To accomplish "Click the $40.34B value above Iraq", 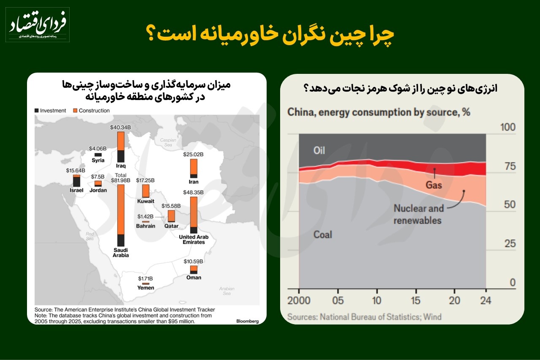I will (x=121, y=127).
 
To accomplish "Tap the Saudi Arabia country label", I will (x=121, y=252).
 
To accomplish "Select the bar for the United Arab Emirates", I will (x=194, y=215).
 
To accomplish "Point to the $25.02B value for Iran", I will (x=194, y=154).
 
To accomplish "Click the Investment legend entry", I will (x=50, y=111).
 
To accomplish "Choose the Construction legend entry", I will (x=91, y=111).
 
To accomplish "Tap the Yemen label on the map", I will (x=146, y=288).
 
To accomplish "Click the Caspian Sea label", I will (x=168, y=142).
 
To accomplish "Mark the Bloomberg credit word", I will (x=247, y=321).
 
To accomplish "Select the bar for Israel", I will (x=76, y=181).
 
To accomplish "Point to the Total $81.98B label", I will (x=121, y=178).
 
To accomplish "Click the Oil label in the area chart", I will (x=319, y=150).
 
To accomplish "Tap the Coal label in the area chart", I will (x=323, y=235).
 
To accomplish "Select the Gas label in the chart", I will (x=434, y=185).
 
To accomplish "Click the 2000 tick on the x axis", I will (x=299, y=301).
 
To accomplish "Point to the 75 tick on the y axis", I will (x=507, y=166).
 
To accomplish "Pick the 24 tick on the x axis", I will (x=486, y=301).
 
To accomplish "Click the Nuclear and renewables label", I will (x=418, y=214).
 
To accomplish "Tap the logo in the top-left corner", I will (x=37, y=24).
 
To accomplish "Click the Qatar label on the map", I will (x=172, y=226).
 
